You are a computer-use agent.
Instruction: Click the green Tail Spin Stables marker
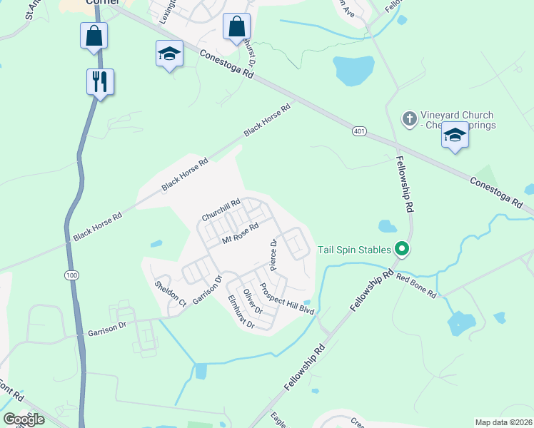pos(402,249)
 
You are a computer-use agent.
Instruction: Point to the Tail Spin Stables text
pos(355,250)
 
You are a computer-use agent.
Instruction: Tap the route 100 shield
pos(71,275)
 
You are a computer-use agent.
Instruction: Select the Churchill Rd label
pos(221,209)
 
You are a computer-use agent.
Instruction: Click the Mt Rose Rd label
pos(239,234)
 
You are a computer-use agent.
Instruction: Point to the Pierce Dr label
pos(273,255)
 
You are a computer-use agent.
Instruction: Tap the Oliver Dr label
pos(253,302)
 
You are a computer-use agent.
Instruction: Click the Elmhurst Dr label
pos(241,312)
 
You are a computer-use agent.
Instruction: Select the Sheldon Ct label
pos(170,293)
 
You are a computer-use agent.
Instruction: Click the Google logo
pos(24,419)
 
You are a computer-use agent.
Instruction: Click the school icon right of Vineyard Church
pos(455,135)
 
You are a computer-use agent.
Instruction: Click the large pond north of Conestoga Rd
pos(353,70)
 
